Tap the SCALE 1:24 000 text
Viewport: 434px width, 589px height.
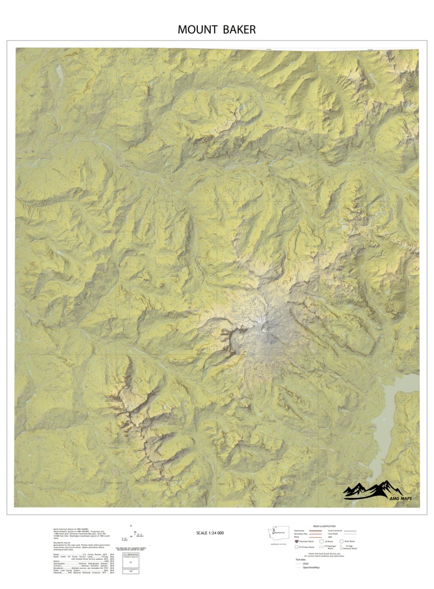pos(210,533)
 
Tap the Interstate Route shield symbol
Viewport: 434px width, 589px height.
pos(297,541)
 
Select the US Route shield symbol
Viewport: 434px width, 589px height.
pos(321,541)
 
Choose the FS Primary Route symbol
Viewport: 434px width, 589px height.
pos(297,547)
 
